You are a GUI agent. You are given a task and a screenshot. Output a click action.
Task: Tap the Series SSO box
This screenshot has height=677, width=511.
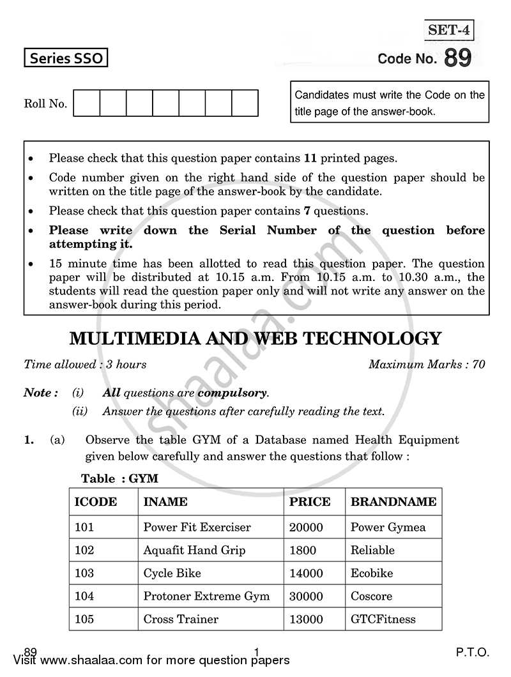pyautogui.click(x=65, y=59)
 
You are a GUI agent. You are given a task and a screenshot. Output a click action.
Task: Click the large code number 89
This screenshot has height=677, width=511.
pyautogui.click(x=457, y=58)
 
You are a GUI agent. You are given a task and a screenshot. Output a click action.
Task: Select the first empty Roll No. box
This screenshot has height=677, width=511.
pyautogui.click(x=87, y=103)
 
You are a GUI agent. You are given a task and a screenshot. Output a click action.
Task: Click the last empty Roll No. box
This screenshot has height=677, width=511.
pyautogui.click(x=245, y=103)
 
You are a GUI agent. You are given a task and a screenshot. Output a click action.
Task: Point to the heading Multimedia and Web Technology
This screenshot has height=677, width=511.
pyautogui.click(x=255, y=338)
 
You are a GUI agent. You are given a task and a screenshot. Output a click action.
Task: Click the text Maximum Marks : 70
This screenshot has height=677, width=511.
pyautogui.click(x=427, y=365)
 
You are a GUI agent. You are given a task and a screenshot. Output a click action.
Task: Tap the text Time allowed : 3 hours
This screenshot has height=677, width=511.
pyautogui.click(x=85, y=365)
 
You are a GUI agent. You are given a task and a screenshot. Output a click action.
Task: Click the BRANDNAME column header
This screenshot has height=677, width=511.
pyautogui.click(x=393, y=502)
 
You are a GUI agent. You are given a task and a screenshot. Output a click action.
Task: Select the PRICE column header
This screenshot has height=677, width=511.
pyautogui.click(x=310, y=502)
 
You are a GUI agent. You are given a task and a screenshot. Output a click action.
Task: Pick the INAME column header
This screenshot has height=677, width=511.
pyautogui.click(x=165, y=502)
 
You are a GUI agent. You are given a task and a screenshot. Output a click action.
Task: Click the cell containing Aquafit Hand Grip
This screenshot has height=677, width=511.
pyautogui.click(x=194, y=550)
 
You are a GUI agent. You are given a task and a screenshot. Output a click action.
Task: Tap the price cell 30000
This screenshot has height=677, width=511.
pyautogui.click(x=306, y=596)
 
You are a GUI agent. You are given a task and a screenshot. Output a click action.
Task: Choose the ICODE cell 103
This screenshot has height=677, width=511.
pyautogui.click(x=84, y=573)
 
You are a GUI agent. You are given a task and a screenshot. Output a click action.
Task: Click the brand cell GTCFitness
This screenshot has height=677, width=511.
pyautogui.click(x=383, y=619)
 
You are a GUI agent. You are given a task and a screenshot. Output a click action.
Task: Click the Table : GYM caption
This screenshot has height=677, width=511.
pyautogui.click(x=119, y=478)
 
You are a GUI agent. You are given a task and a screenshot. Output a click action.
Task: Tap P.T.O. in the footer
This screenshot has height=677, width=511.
pyautogui.click(x=473, y=653)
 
